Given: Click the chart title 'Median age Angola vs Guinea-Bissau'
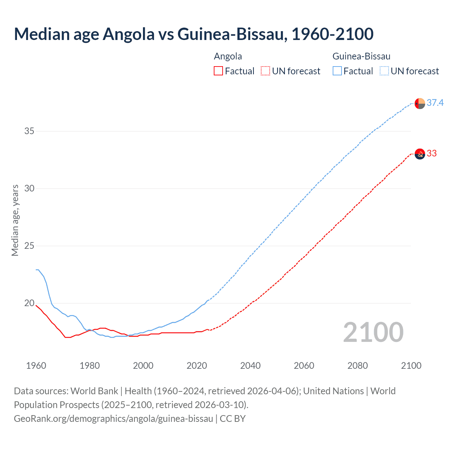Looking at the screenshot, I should (194, 34).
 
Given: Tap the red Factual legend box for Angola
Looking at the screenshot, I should (218, 71).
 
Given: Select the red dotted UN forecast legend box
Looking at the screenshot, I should (265, 71).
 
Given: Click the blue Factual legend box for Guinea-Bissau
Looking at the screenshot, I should (337, 71).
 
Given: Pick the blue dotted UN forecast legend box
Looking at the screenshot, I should (384, 71).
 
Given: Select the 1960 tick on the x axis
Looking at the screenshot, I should (36, 366).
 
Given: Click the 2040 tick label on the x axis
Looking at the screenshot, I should (250, 366).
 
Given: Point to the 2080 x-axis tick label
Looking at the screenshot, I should (357, 366).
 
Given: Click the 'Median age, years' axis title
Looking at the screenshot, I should (15, 220).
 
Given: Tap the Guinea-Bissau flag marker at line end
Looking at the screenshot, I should (420, 103).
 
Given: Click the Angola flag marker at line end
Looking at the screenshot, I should (420, 154).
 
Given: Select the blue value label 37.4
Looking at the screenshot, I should (435, 103).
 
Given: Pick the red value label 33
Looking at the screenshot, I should (432, 153).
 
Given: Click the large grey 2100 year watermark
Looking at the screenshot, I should (373, 332).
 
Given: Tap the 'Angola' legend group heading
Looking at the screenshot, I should (228, 56).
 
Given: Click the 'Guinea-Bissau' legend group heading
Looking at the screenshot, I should (361, 56).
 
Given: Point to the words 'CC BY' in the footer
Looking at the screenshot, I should (233, 419).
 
